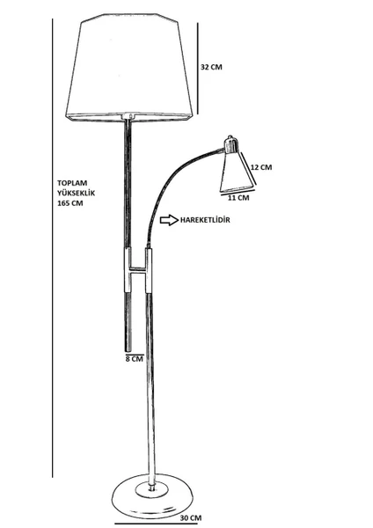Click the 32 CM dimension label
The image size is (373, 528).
(x=211, y=67)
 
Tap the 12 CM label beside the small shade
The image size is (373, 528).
(x=261, y=167)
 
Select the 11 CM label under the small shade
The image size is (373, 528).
(x=238, y=198)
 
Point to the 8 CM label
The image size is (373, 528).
(x=135, y=359)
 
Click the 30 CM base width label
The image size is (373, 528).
(x=191, y=518)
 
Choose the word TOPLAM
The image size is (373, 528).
(x=72, y=183)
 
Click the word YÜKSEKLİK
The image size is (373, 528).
(x=76, y=193)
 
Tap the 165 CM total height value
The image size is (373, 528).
(x=70, y=203)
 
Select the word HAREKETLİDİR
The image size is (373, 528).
(x=205, y=220)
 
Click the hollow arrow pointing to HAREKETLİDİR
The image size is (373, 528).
(x=169, y=220)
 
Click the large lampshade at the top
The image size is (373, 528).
(x=129, y=68)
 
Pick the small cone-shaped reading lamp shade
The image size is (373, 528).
(x=237, y=172)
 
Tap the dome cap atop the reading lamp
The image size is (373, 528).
(x=231, y=144)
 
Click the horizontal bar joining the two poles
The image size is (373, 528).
(x=138, y=270)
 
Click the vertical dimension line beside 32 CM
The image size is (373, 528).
(x=198, y=69)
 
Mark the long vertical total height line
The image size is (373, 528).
(x=53, y=248)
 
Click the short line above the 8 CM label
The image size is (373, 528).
(x=135, y=354)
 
